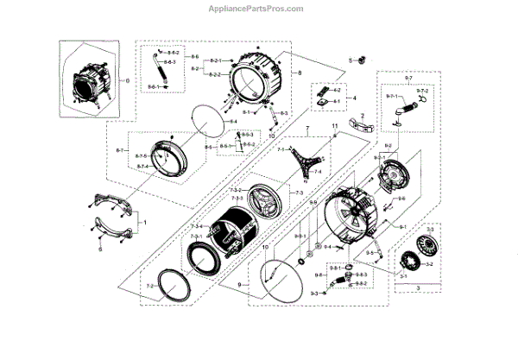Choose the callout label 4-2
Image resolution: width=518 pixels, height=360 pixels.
(338, 91)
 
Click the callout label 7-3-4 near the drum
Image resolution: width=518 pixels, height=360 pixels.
(196, 226)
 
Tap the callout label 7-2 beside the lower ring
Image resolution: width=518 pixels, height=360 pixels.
(149, 285)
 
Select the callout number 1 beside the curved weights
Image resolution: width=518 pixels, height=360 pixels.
(144, 224)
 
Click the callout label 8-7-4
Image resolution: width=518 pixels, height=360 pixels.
(141, 166)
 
